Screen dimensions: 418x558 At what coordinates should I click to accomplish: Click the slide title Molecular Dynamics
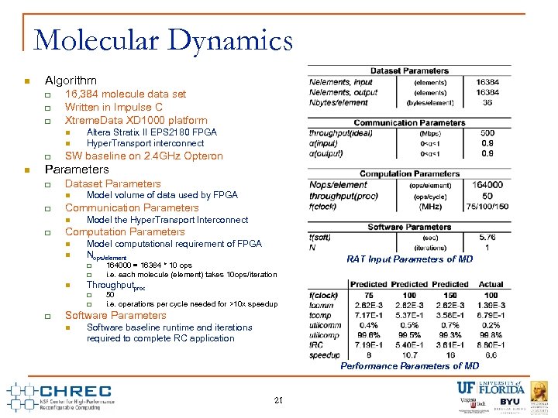[164, 40]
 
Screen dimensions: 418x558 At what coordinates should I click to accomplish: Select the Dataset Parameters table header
[409, 71]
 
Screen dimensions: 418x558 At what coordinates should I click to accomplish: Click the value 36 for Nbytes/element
[487, 102]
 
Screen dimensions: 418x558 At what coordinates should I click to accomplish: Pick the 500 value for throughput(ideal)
[487, 133]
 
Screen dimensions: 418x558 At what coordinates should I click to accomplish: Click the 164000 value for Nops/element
[487, 185]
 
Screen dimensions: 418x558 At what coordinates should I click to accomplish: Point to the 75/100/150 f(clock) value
[487, 206]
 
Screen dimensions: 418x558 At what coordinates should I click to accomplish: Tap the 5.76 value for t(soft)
[487, 237]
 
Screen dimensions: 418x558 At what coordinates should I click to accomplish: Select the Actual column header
[491, 284]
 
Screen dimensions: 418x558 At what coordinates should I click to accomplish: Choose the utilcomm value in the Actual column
[491, 325]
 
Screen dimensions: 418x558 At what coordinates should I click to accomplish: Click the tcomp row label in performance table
[321, 315]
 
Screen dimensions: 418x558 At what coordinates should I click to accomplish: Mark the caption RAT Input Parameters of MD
[410, 259]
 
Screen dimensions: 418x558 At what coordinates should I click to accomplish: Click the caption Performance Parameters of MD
[410, 366]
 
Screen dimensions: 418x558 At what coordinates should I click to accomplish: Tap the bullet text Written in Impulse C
[114, 107]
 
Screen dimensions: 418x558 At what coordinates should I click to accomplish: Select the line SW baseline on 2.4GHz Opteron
[143, 156]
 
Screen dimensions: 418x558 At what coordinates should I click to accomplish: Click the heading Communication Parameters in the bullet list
[132, 207]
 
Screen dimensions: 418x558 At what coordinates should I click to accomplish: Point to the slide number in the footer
[278, 400]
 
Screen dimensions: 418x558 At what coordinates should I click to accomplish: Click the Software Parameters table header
[409, 227]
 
